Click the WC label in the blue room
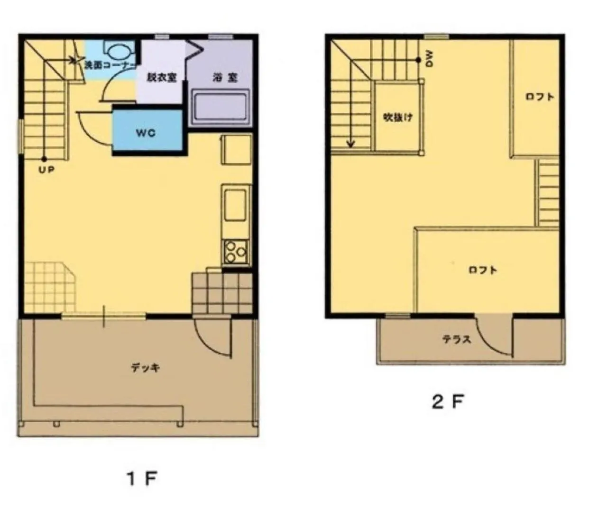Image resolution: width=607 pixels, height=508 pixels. click(x=146, y=133)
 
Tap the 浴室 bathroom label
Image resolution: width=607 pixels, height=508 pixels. click(x=225, y=77)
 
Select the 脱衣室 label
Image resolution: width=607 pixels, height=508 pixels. click(x=161, y=77)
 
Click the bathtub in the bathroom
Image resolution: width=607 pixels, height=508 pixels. click(x=220, y=107)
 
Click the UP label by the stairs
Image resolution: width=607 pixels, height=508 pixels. click(x=46, y=170)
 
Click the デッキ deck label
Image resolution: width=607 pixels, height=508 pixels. click(x=145, y=368)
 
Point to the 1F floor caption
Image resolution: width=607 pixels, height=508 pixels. click(x=141, y=479)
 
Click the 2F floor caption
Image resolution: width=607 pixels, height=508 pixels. click(x=447, y=402)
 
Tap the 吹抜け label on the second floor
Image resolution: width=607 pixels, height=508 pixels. click(x=398, y=117)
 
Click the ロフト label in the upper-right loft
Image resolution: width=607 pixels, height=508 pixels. click(x=540, y=97)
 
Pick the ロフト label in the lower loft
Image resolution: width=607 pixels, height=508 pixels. click(x=483, y=270)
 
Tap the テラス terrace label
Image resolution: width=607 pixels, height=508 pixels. click(x=457, y=339)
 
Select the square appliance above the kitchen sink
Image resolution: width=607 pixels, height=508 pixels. click(x=236, y=150)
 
